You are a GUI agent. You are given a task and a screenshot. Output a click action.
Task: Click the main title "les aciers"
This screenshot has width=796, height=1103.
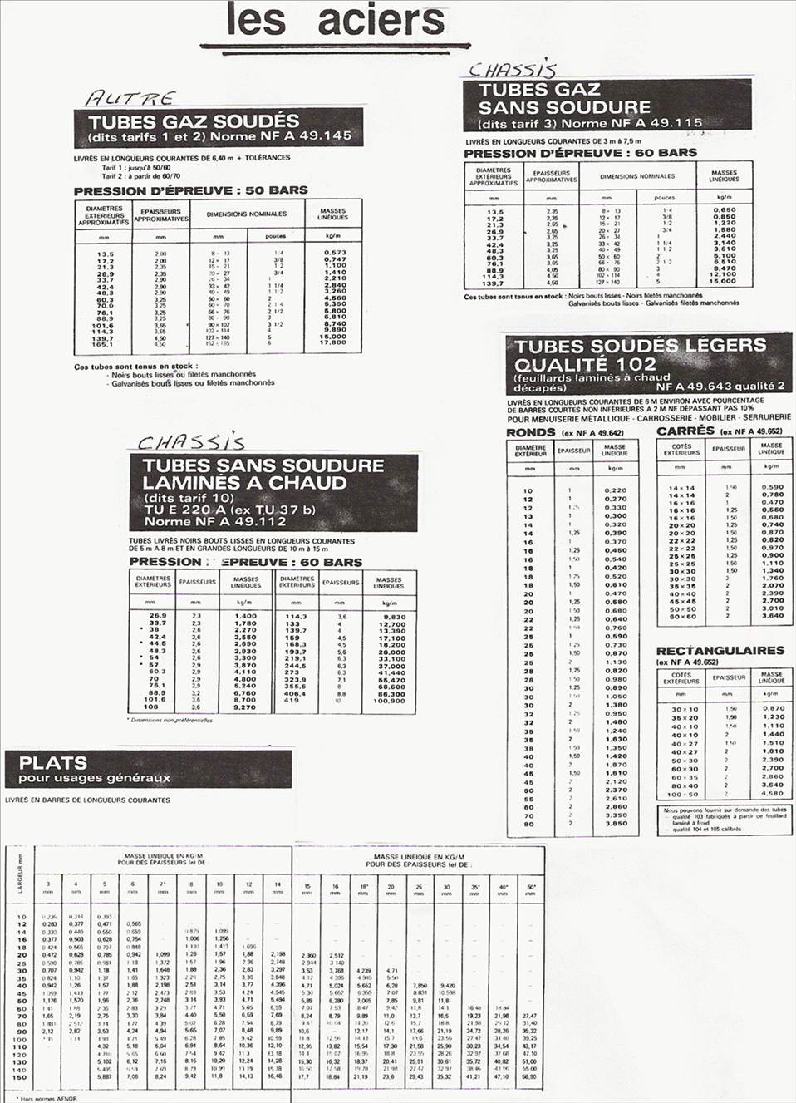click(x=335, y=21)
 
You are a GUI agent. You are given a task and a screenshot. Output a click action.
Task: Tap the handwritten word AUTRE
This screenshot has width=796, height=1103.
click(x=130, y=99)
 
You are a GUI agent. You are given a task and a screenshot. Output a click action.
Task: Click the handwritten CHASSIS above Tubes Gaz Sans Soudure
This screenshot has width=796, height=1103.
click(x=512, y=70)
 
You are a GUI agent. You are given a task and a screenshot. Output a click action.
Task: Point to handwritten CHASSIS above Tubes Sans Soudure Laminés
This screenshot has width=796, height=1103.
click(x=190, y=442)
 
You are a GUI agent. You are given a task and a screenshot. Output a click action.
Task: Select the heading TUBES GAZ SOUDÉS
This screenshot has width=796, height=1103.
click(x=194, y=121)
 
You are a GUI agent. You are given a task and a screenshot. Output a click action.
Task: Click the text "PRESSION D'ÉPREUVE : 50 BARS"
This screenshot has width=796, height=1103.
click(x=190, y=190)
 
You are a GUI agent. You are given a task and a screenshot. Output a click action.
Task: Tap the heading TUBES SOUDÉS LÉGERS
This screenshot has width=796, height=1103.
click(x=640, y=346)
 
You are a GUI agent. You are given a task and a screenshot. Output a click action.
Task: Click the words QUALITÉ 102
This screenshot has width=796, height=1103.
click(x=585, y=364)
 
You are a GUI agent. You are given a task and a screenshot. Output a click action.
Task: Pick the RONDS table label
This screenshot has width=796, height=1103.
click(x=531, y=432)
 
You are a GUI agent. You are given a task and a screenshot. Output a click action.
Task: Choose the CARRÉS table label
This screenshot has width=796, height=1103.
click(x=685, y=431)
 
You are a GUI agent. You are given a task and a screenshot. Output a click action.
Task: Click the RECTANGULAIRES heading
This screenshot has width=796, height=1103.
click(x=720, y=651)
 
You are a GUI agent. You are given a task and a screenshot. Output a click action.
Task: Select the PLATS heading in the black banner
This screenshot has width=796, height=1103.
click(x=53, y=762)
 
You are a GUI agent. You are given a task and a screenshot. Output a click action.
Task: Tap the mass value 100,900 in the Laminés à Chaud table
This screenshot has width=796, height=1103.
click(x=389, y=701)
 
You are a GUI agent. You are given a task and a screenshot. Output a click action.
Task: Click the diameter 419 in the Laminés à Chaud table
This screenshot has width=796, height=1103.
click(x=292, y=701)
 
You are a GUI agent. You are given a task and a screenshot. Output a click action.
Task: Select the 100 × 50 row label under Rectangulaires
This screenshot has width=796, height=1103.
click(x=684, y=794)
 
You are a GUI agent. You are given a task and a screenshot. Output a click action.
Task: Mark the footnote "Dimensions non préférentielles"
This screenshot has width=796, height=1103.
click(x=172, y=720)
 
